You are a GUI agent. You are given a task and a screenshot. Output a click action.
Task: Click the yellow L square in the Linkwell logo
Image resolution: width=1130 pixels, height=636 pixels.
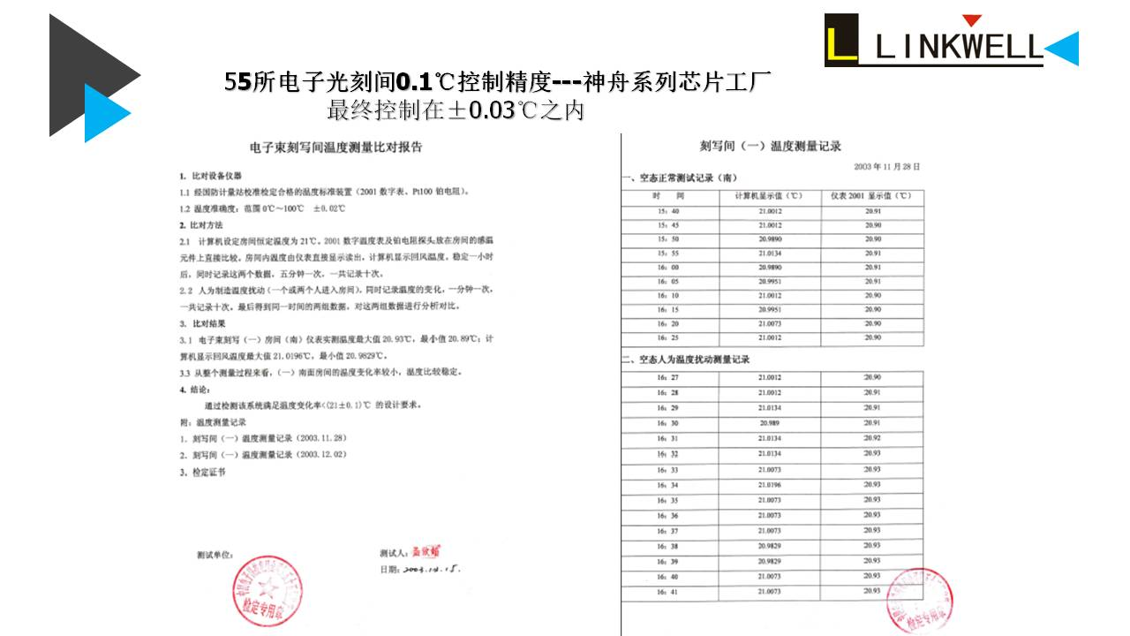click(841, 40)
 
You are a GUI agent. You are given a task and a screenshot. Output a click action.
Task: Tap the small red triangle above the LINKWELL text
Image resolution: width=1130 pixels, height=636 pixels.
click(971, 20)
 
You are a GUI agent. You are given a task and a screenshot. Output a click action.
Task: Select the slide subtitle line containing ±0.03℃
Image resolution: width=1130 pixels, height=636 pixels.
click(456, 111)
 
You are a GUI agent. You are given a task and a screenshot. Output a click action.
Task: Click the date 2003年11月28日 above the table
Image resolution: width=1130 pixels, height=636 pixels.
click(886, 165)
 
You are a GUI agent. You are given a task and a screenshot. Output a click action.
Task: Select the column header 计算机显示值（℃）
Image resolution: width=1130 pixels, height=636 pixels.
click(769, 195)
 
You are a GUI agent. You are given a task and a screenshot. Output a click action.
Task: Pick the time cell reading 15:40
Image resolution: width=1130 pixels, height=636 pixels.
click(668, 211)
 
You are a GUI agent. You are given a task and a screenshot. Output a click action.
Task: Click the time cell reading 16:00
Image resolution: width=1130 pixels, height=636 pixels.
click(668, 267)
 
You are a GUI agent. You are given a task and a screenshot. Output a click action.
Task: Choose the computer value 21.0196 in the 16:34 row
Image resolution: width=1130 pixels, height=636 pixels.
click(769, 485)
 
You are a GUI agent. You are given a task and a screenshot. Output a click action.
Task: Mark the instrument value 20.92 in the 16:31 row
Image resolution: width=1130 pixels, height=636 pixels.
click(872, 438)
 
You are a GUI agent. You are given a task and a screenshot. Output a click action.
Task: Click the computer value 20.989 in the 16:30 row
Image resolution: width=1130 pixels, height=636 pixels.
click(769, 423)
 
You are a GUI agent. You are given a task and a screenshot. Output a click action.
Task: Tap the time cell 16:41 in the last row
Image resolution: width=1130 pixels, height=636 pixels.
click(668, 592)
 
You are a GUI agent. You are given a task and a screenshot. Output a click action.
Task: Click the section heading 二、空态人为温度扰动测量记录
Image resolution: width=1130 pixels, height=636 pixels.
click(686, 360)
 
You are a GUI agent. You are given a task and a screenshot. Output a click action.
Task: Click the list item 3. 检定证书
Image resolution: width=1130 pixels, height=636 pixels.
click(202, 472)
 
